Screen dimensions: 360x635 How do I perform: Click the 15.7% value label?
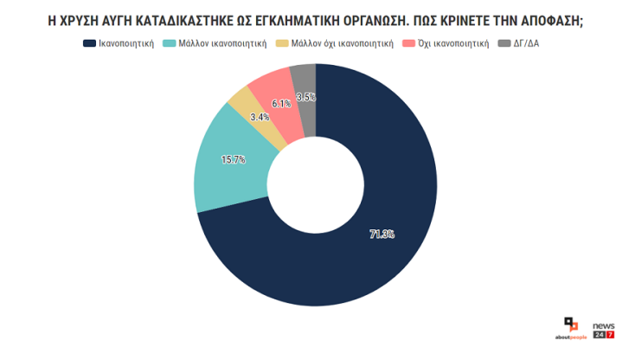[234, 159]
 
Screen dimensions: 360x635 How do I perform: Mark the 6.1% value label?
[280, 104]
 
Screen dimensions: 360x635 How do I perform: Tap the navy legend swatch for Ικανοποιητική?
[89, 42]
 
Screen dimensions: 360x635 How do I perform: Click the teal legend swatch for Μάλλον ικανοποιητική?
[169, 42]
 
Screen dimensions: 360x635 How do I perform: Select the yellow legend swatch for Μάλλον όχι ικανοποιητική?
[281, 42]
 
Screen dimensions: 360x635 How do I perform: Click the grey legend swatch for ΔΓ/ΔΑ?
[504, 42]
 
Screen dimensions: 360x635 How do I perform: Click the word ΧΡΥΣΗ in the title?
[83, 19]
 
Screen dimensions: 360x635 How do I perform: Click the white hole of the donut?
[315, 183]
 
